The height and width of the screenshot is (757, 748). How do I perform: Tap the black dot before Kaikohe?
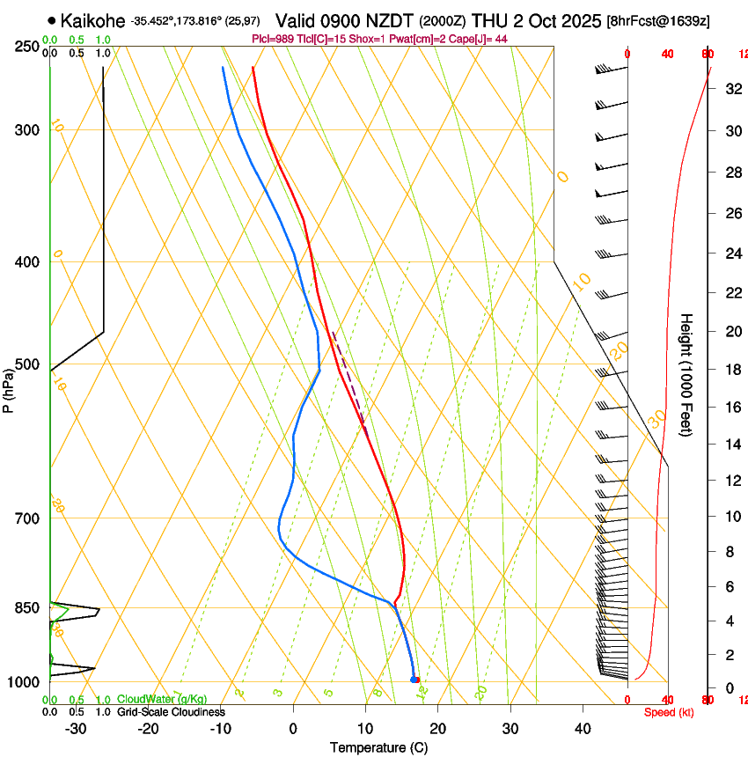tap(53, 20)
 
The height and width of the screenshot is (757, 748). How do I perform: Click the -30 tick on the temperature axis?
tap(77, 728)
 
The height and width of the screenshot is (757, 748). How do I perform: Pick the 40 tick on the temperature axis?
tap(583, 728)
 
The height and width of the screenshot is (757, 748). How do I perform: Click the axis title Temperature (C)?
tap(378, 747)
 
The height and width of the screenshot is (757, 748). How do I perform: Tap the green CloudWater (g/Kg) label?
tap(162, 699)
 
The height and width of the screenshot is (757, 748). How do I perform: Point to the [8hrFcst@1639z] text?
tap(658, 19)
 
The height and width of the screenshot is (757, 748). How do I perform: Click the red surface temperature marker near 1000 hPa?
tap(417, 679)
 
